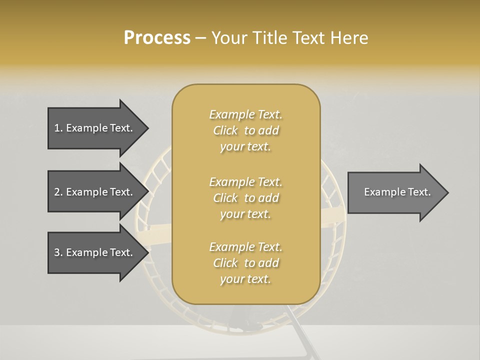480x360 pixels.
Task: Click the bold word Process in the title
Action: tap(157, 38)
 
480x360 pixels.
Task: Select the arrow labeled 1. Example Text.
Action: tap(95, 128)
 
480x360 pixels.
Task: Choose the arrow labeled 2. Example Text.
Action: tap(95, 192)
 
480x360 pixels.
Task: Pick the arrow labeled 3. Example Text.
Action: tap(95, 252)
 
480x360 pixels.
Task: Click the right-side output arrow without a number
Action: tap(395, 192)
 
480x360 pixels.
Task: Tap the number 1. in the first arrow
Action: tap(58, 128)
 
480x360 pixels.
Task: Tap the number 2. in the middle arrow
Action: tap(58, 192)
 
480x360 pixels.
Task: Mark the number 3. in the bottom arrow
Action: tap(58, 252)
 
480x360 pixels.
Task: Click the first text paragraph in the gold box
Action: tap(245, 130)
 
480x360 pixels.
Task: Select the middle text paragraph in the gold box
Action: tap(245, 198)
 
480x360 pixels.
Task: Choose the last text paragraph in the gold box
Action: tap(245, 263)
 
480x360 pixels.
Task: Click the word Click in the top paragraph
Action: tap(225, 130)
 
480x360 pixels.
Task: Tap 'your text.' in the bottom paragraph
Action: tap(245, 279)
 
